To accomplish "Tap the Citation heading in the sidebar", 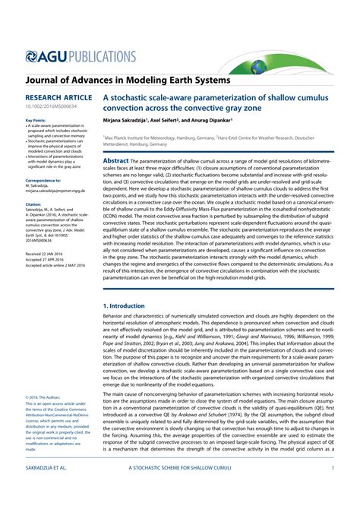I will [33, 204].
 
